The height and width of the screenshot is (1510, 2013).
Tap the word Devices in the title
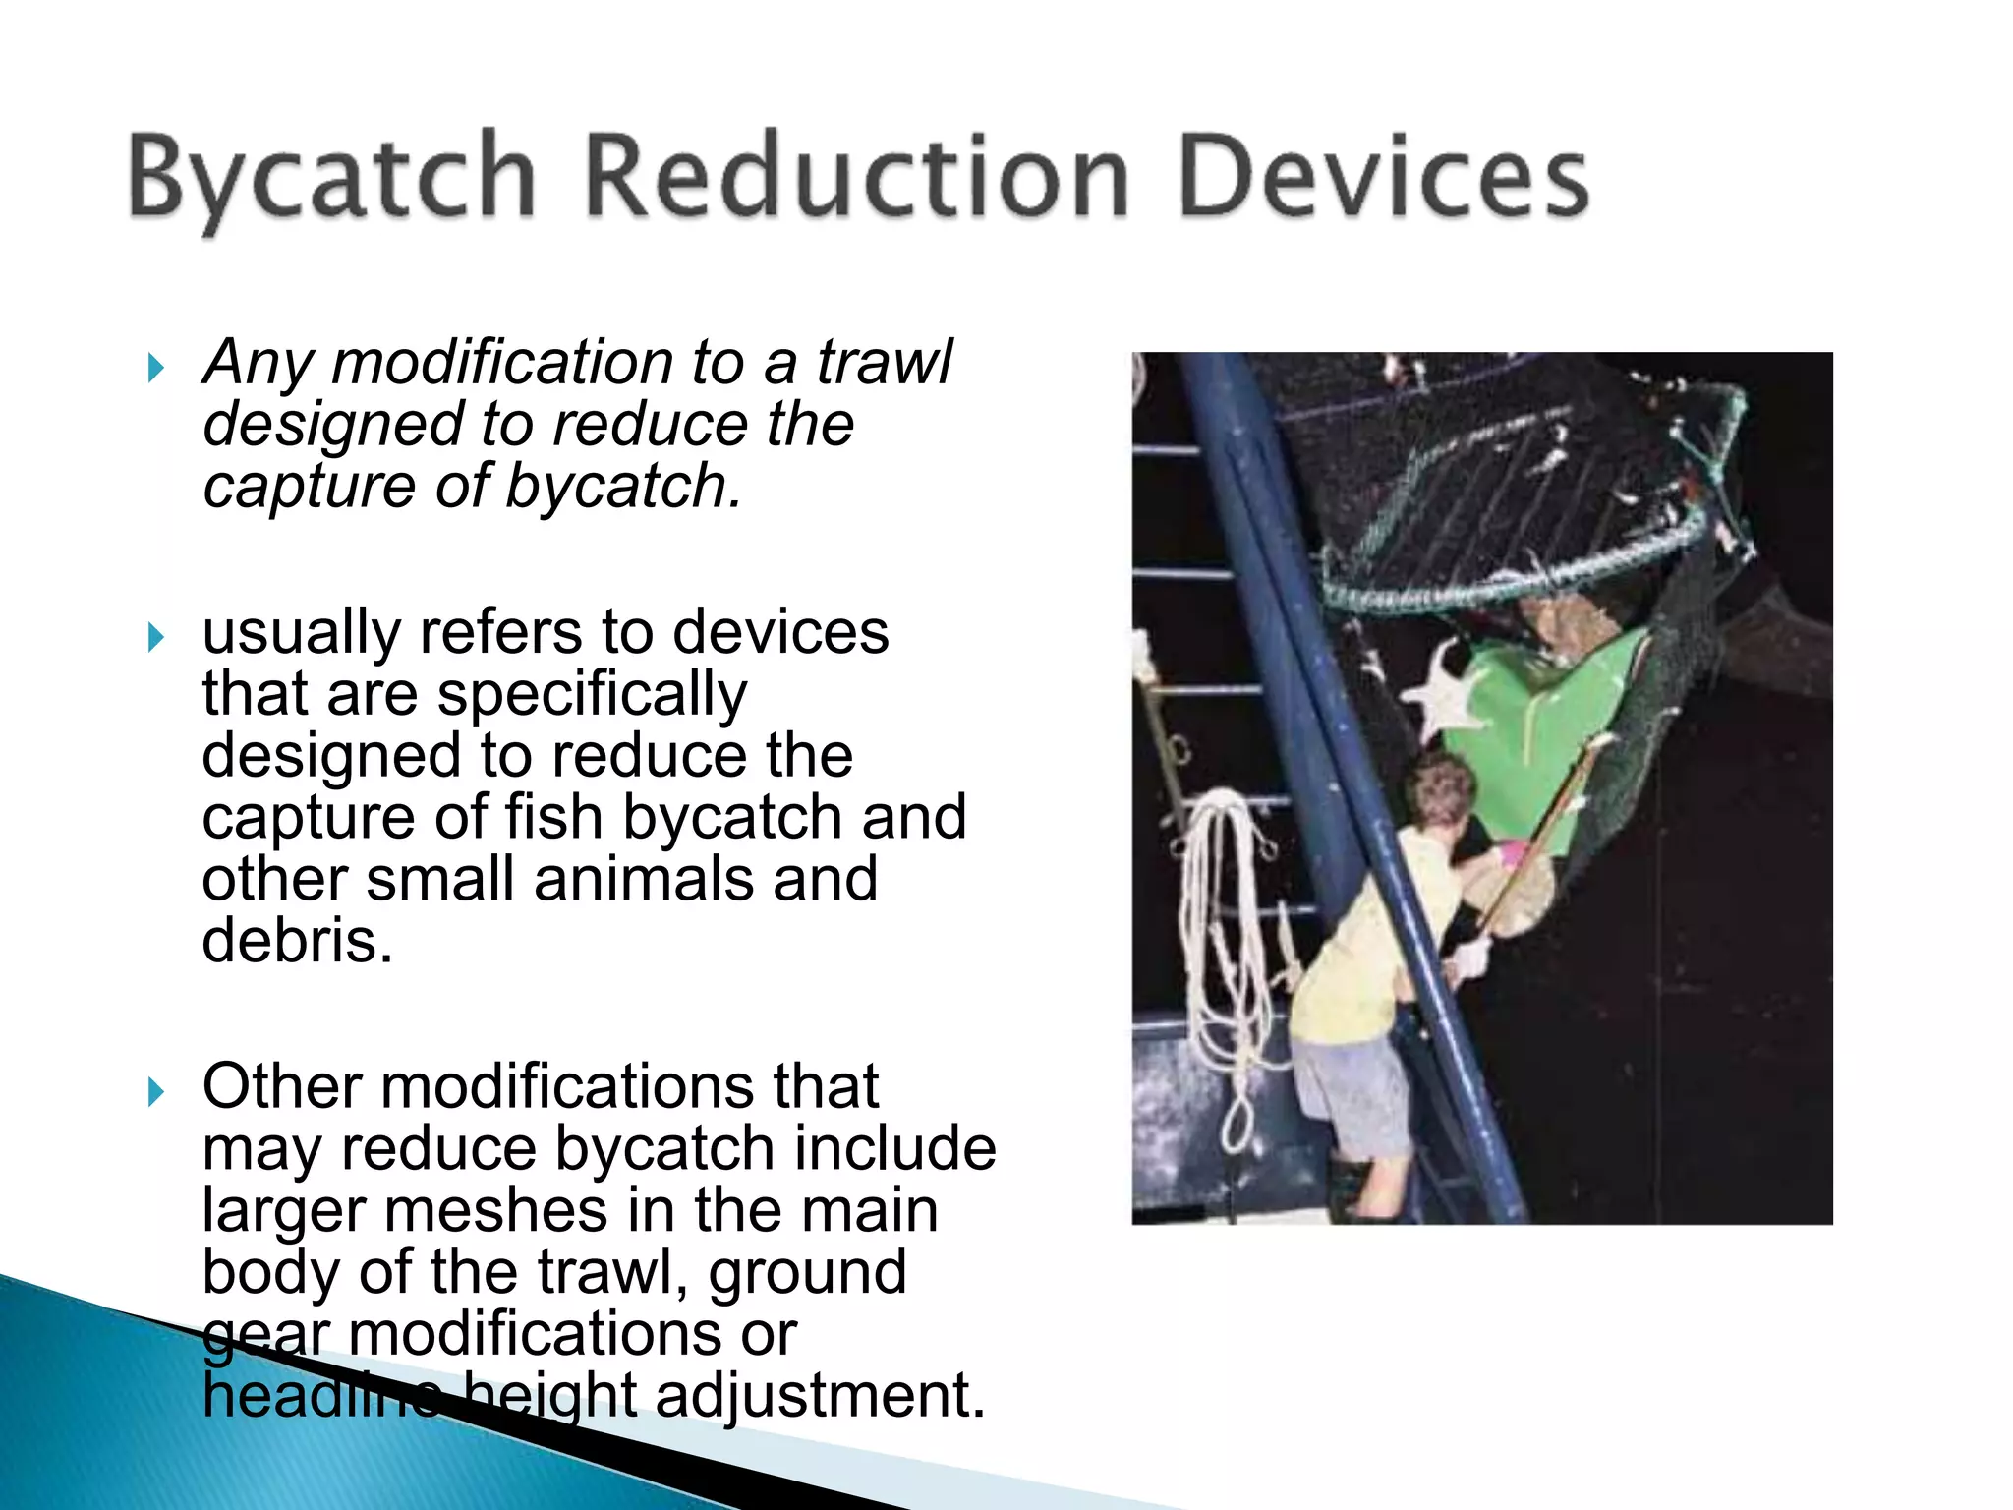1383,177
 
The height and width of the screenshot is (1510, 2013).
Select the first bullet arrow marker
155,369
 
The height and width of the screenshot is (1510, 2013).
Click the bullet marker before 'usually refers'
155,637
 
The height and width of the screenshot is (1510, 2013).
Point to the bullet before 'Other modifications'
155,1091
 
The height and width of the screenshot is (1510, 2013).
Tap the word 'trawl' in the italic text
884,363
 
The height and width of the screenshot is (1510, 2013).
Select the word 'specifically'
592,695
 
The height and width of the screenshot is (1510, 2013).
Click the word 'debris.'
297,941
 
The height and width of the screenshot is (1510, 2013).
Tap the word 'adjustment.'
820,1395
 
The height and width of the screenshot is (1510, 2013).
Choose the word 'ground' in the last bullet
807,1272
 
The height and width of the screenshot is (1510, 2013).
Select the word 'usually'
300,633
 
